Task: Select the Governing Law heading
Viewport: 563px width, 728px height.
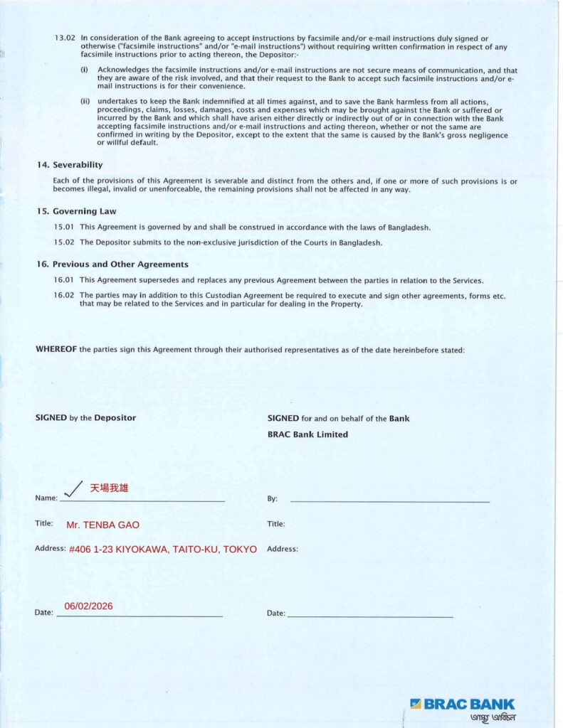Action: coord(75,211)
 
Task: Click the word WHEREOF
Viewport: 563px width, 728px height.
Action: coord(56,350)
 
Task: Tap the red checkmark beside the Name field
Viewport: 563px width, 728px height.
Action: coord(73,487)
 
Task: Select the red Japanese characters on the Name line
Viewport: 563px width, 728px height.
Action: coord(109,488)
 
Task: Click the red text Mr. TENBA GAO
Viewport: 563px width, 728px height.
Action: coord(102,525)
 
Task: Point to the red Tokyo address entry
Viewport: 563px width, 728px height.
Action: coord(163,550)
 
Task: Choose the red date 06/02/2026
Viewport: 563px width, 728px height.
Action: coord(88,606)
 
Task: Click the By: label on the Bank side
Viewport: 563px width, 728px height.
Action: coord(272,499)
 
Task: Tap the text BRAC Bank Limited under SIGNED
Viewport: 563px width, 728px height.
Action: coord(307,434)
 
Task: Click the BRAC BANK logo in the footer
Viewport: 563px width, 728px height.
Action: coord(463,705)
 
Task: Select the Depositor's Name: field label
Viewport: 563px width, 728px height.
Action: coord(46,498)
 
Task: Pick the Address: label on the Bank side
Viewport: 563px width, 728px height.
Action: coord(283,549)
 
